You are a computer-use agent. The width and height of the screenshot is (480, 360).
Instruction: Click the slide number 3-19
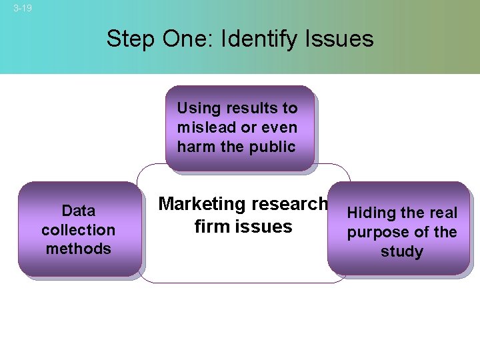pos(23,8)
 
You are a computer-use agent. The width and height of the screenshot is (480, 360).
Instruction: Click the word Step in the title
pos(131,39)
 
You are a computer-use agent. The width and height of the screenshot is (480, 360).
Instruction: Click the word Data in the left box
pos(79,211)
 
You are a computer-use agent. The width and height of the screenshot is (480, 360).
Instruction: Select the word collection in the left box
pos(79,230)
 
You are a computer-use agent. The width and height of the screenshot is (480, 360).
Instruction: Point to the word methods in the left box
pos(79,249)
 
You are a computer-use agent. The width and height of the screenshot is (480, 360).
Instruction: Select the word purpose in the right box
pos(375,233)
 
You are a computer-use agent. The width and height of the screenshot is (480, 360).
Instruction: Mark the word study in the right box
pos(402,252)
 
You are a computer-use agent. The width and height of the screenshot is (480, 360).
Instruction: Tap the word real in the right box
pos(441,213)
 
